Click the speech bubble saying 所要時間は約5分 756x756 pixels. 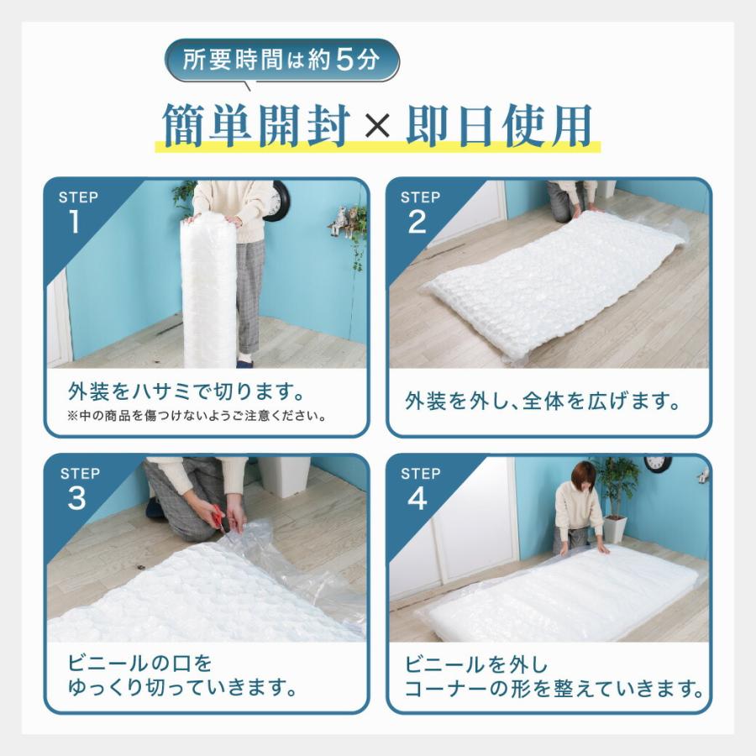(x=281, y=61)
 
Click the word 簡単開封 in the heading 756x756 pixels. (x=255, y=126)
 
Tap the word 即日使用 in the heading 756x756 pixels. (x=499, y=126)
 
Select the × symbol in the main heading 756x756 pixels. (x=377, y=127)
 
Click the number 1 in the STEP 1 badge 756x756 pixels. (x=76, y=222)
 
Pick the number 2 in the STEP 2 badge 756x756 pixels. (x=417, y=222)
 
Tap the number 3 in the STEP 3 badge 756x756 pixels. (x=76, y=498)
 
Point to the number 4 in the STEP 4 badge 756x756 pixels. (x=418, y=498)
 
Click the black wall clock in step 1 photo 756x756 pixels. (x=277, y=202)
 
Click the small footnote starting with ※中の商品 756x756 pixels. (x=197, y=416)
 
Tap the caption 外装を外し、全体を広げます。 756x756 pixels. (x=543, y=401)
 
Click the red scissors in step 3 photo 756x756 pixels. (x=218, y=518)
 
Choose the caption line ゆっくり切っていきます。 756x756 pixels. (x=182, y=689)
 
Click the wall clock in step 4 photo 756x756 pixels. (x=658, y=463)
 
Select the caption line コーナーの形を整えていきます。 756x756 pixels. (x=554, y=690)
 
